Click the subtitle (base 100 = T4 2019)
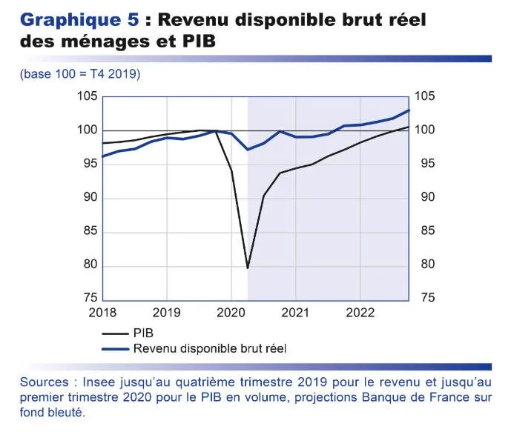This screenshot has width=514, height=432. [x=80, y=74]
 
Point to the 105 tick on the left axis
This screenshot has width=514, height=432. [x=88, y=97]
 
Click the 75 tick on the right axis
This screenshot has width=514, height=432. [x=424, y=299]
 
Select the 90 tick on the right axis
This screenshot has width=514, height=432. [x=424, y=198]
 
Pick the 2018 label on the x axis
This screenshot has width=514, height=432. [x=102, y=312]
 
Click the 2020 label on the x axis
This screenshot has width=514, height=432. [x=230, y=312]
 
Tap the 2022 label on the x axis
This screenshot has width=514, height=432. [x=359, y=312]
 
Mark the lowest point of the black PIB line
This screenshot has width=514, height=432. [x=247, y=268]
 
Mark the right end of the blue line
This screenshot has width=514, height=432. [x=409, y=110]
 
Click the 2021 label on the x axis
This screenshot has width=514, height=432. [x=295, y=312]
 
